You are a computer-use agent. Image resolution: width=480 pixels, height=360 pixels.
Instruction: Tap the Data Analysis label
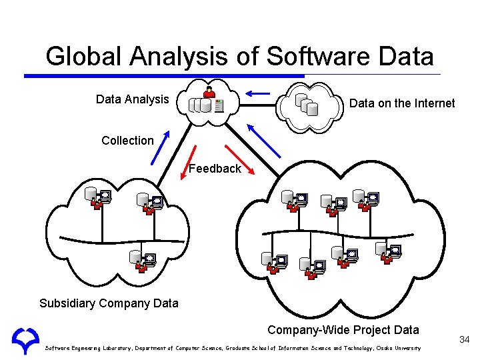tap(132, 99)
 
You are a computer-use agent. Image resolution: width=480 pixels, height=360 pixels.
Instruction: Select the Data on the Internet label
tap(402, 103)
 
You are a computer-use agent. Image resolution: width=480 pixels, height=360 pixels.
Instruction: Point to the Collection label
tap(127, 141)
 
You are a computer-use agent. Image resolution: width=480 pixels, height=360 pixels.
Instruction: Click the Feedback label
tap(214, 169)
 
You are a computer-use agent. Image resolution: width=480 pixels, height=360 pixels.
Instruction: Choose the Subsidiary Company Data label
tap(109, 303)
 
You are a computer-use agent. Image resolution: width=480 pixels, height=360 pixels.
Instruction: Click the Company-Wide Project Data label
tap(343, 329)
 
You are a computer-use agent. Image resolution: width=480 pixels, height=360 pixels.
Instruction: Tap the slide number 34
tap(464, 341)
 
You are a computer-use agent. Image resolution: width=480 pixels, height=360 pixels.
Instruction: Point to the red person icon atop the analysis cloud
tap(209, 91)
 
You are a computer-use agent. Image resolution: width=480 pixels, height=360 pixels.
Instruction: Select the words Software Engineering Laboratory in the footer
tap(86, 348)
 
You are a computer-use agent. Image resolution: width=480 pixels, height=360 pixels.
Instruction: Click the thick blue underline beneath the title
tap(163, 76)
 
